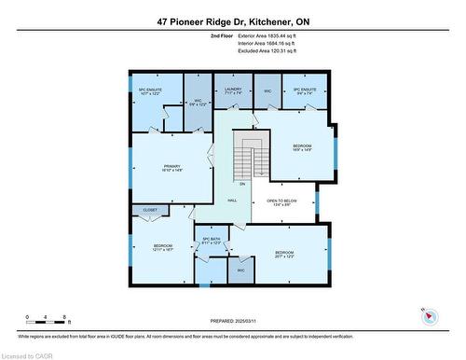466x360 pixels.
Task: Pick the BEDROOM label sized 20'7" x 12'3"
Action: point(284,254)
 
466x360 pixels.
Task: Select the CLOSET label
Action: point(149,211)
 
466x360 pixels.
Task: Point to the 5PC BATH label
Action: point(211,241)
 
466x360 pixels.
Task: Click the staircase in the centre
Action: point(248,155)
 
